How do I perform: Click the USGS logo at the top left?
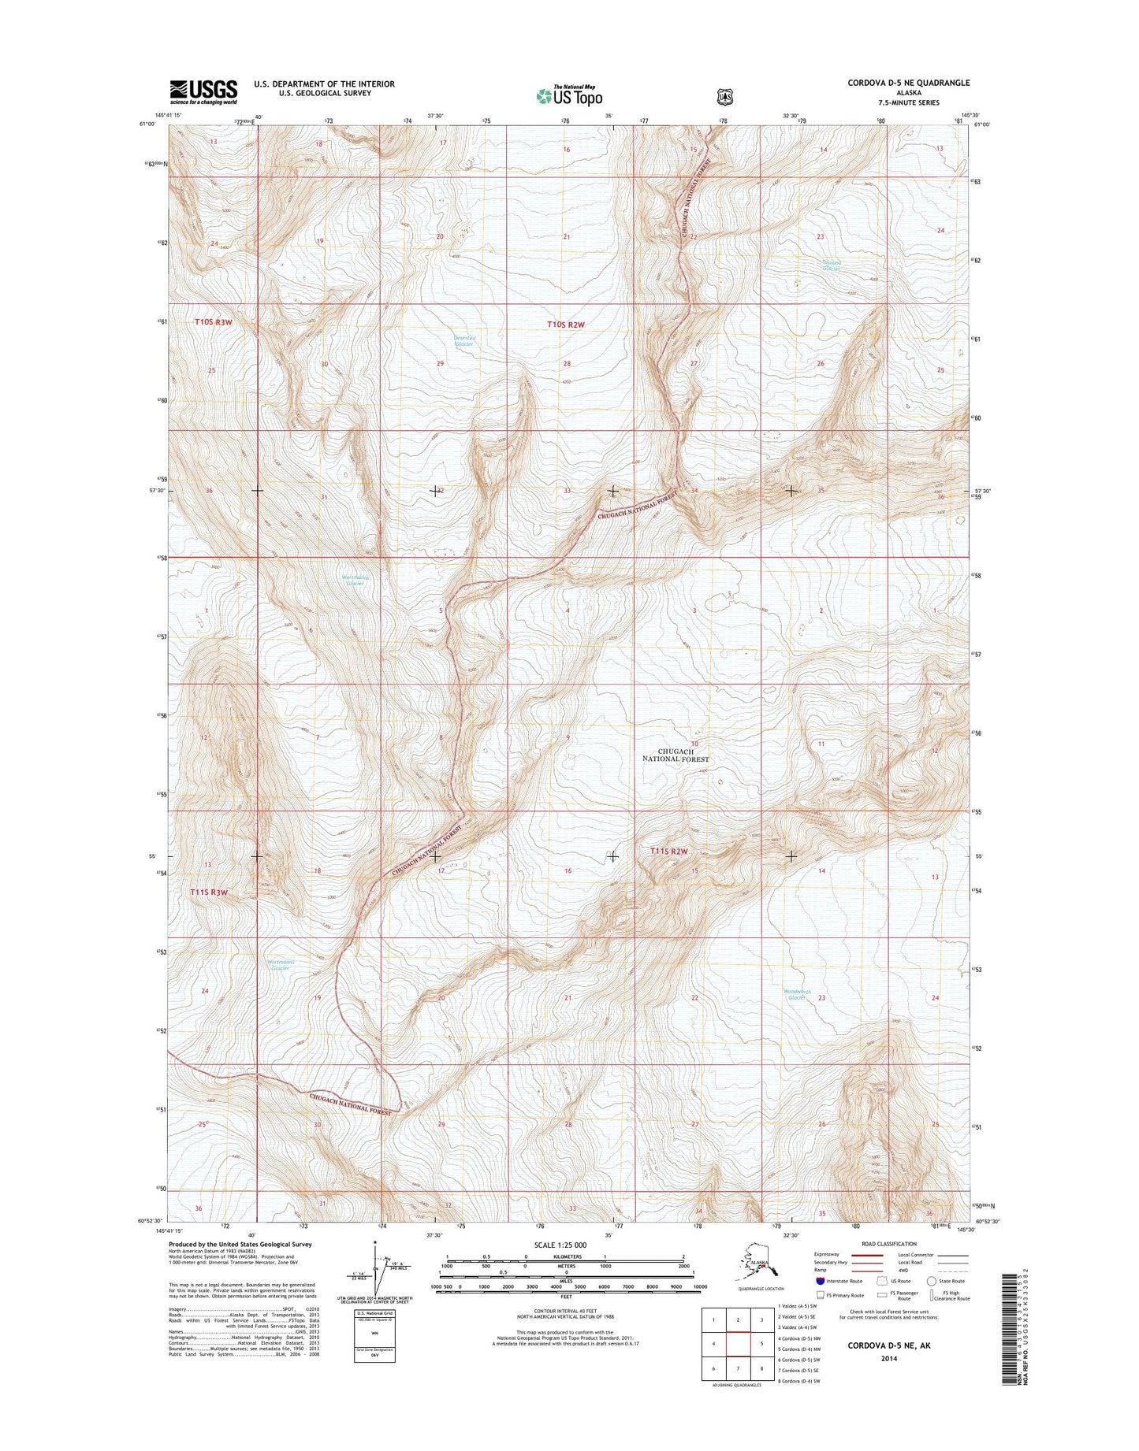(203, 91)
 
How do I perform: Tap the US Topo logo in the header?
(569, 95)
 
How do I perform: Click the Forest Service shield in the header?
(724, 97)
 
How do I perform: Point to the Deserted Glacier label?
(465, 341)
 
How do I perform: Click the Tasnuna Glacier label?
(832, 265)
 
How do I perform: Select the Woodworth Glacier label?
(797, 994)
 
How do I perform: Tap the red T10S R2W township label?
(567, 324)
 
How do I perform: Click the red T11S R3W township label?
(209, 892)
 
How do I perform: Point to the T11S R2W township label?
(669, 852)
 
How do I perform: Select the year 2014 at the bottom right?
(888, 1358)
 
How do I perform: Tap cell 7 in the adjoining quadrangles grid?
(737, 1368)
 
